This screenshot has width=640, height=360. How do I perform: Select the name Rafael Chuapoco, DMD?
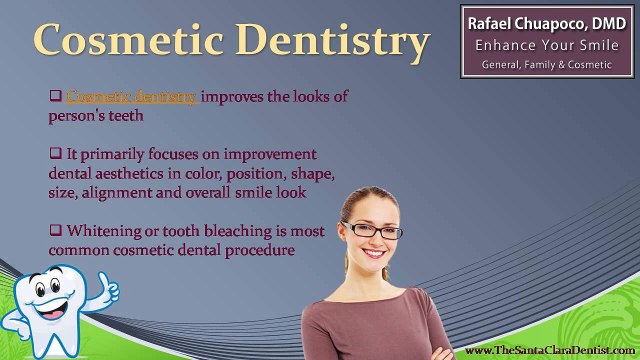[546, 21]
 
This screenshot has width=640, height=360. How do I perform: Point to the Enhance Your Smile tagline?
[546, 44]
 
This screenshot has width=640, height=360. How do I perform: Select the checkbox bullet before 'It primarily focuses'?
[56, 154]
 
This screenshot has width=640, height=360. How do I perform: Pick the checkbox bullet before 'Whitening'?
[56, 231]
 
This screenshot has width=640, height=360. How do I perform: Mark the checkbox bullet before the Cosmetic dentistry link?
[56, 96]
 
